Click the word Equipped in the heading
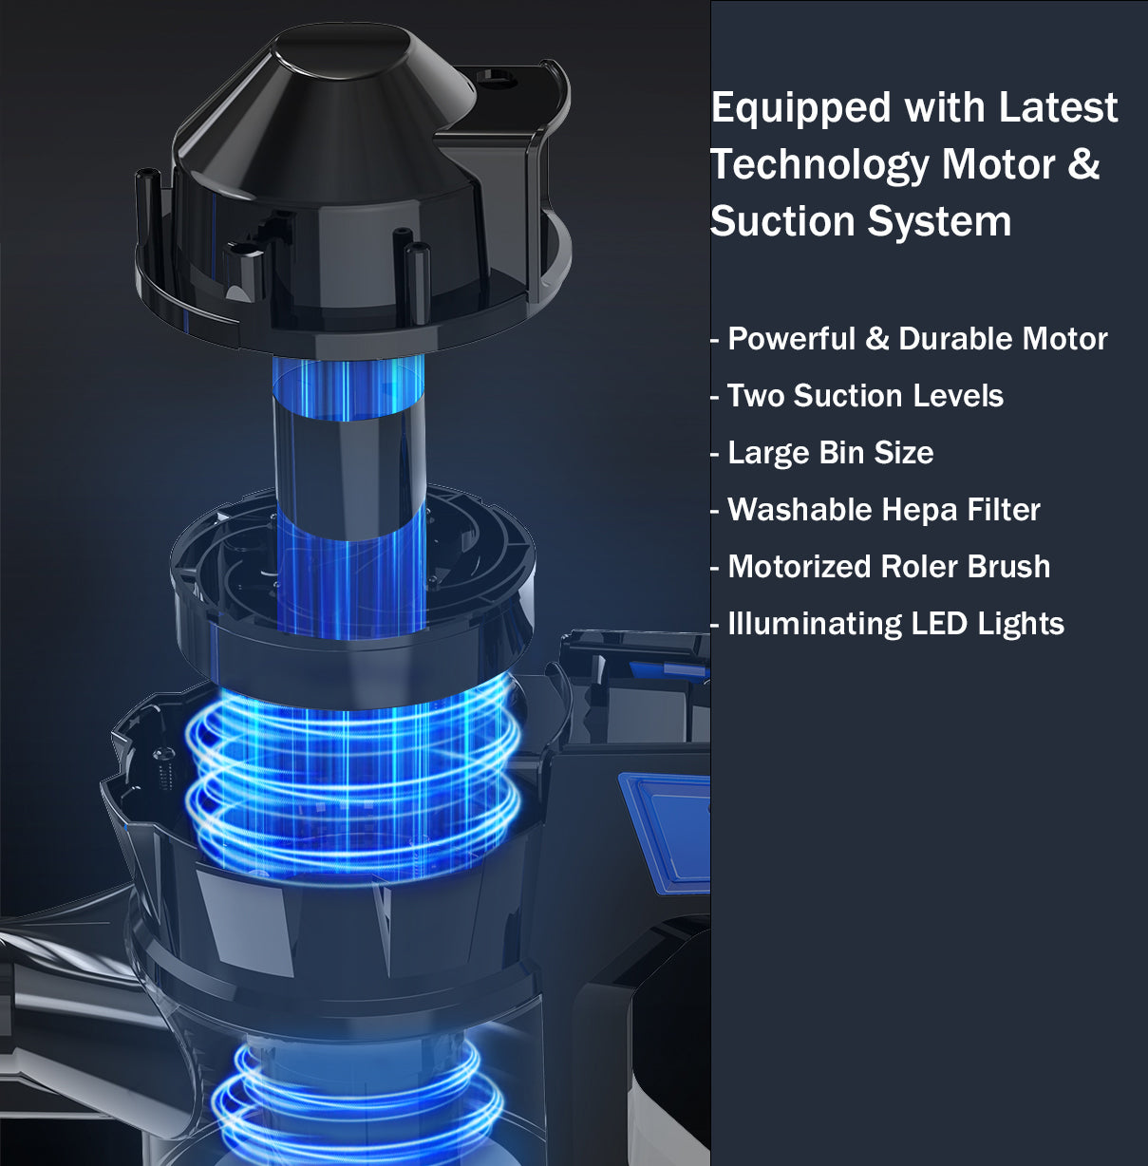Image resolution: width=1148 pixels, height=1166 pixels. pos(801,110)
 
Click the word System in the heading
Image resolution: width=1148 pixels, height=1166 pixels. pos(940,224)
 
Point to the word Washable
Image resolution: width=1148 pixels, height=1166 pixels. pos(800,510)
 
